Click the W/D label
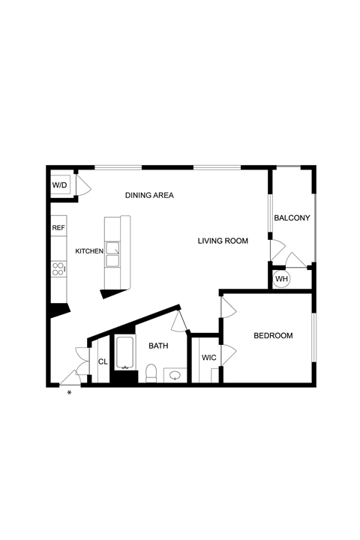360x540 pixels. (59, 185)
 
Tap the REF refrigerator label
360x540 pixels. (58, 228)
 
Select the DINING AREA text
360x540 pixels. (149, 195)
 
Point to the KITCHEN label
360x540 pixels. (89, 251)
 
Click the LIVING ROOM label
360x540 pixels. (223, 241)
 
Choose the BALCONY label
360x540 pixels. (292, 217)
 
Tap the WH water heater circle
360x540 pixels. (281, 278)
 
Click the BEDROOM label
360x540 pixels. (273, 335)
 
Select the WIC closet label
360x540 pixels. (208, 358)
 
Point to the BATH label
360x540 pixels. (158, 346)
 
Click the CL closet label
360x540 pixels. (103, 362)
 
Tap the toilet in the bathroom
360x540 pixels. (151, 373)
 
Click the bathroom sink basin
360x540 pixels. (176, 375)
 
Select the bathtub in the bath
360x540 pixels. (125, 353)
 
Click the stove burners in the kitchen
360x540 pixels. (58, 269)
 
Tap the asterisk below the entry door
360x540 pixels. (69, 392)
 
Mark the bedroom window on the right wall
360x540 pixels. (313, 337)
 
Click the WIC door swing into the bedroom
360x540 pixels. (229, 355)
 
